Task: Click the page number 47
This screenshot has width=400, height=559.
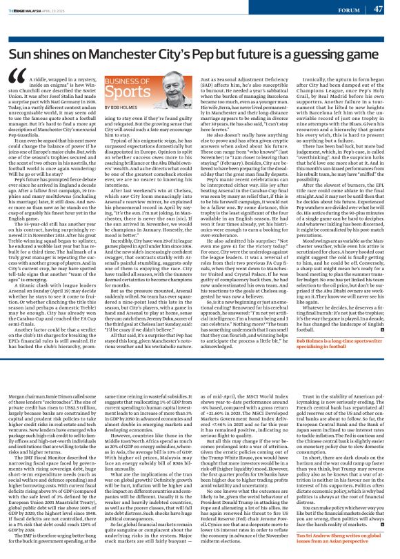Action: click(x=388, y=9)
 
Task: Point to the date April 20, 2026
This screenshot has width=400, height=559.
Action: click(x=59, y=10)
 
